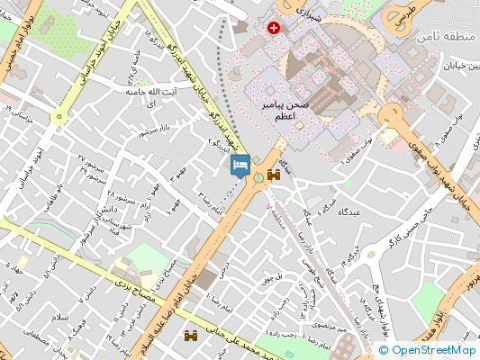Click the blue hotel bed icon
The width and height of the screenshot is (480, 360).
point(240,165)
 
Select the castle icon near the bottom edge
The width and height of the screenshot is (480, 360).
point(190,337)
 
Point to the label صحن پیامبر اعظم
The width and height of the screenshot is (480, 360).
point(285,112)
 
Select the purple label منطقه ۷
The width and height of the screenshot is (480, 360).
point(279,214)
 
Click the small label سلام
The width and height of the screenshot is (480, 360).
point(35,317)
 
